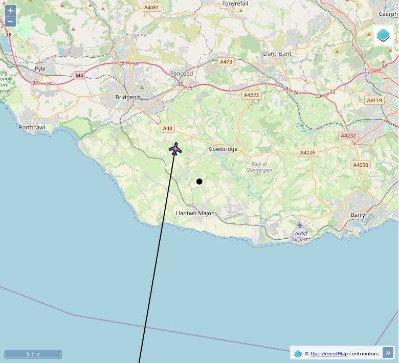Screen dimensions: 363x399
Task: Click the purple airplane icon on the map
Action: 175,149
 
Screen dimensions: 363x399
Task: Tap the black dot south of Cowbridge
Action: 199,181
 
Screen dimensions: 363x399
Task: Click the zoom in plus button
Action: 10,10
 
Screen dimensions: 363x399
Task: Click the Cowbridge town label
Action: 223,149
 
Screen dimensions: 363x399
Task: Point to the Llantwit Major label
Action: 194,213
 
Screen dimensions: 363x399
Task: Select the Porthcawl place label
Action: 32,127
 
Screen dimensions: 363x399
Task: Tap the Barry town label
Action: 358,215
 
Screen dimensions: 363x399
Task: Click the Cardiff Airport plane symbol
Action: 300,225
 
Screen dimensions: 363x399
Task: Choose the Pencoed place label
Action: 182,74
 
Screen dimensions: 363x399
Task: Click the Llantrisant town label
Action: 277,54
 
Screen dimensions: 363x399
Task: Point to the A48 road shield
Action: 168,128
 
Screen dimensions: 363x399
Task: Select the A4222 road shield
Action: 252,95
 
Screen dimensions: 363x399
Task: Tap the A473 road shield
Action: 226,62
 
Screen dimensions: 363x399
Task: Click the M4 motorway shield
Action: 79,76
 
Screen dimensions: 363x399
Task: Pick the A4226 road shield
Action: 307,152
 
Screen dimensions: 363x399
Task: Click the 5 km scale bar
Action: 33,354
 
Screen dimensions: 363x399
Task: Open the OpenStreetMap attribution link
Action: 329,353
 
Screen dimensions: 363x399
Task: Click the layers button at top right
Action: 383,35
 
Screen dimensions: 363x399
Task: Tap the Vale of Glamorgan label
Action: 259,167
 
